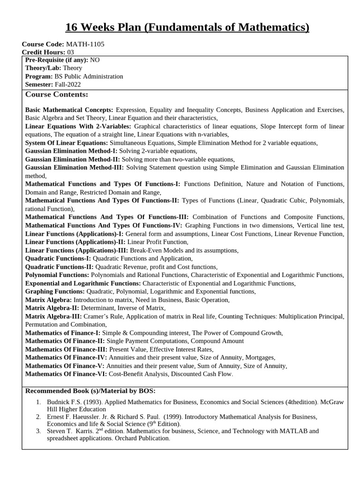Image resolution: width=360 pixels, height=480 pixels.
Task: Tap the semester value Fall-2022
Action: pyautogui.click(x=67, y=84)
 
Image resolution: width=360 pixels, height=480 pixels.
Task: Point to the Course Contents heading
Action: pyautogui.click(x=57, y=95)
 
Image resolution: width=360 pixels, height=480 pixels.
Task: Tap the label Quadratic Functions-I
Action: pyautogui.click(x=58, y=258)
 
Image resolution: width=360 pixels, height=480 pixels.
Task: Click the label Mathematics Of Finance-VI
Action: pyautogui.click(x=66, y=374)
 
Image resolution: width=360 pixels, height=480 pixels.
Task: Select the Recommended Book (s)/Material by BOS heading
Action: pyautogui.click(x=90, y=391)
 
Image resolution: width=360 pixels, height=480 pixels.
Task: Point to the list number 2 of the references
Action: pyautogui.click(x=38, y=416)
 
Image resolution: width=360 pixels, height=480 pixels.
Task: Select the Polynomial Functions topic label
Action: pyautogui.click(x=57, y=275)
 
